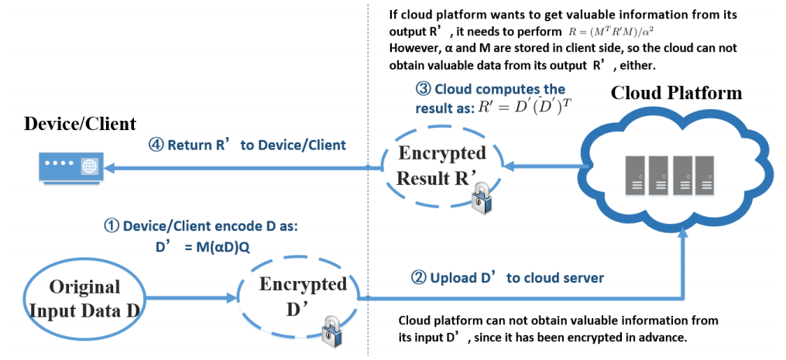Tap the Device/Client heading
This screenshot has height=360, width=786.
(81, 123)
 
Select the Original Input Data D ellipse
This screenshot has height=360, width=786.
(83, 300)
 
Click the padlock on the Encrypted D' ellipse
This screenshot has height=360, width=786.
(332, 331)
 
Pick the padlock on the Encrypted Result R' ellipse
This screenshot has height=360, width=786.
(482, 198)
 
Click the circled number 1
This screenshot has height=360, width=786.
(111, 227)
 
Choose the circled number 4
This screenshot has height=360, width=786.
(155, 145)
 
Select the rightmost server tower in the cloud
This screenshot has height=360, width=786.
(704, 176)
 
